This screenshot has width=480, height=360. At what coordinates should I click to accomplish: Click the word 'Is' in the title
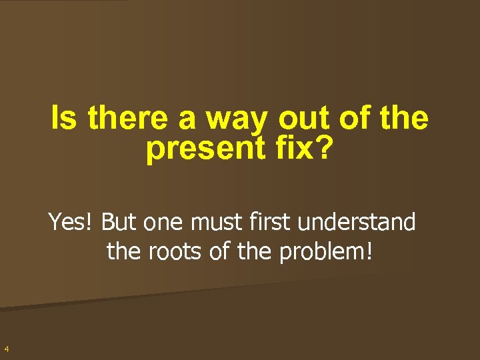(63, 119)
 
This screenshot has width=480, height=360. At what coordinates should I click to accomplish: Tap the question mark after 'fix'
(321, 149)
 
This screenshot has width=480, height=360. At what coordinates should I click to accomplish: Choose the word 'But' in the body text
(119, 222)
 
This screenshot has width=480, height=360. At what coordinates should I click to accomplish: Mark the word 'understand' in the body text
(357, 222)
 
